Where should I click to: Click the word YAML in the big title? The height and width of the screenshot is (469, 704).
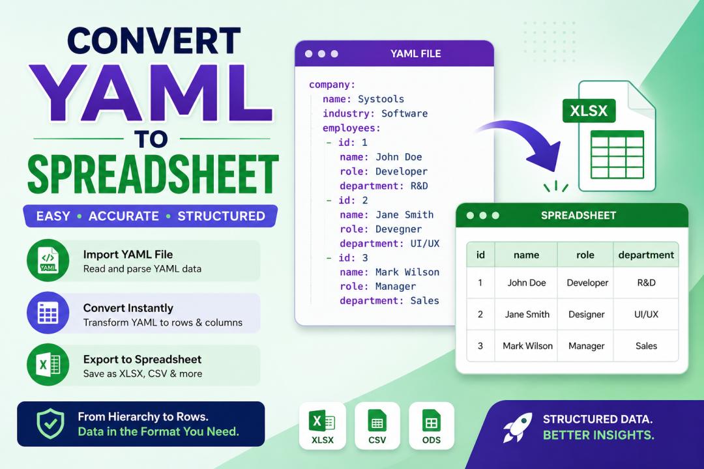pyautogui.click(x=151, y=93)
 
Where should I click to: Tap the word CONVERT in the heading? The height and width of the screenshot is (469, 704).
pyautogui.click(x=154, y=41)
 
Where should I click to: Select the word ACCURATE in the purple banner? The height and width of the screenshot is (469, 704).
pyautogui.click(x=123, y=216)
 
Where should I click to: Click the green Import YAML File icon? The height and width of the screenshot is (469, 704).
pyautogui.click(x=48, y=261)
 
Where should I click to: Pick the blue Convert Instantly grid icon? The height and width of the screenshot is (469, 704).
pyautogui.click(x=48, y=313)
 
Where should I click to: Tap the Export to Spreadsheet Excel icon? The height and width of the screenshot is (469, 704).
pyautogui.click(x=48, y=364)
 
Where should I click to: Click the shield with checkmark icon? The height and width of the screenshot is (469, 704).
pyautogui.click(x=50, y=423)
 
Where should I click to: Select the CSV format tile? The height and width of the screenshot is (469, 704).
pyautogui.click(x=377, y=425)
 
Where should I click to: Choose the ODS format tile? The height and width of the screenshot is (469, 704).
pyautogui.click(x=432, y=425)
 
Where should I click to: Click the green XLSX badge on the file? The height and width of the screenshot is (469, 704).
pyautogui.click(x=589, y=110)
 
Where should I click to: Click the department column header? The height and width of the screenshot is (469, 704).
pyautogui.click(x=646, y=255)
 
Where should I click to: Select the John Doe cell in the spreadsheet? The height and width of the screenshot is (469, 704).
pyautogui.click(x=527, y=283)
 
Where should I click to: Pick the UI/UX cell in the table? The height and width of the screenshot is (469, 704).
pyautogui.click(x=646, y=314)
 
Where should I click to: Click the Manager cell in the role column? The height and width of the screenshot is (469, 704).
pyautogui.click(x=587, y=346)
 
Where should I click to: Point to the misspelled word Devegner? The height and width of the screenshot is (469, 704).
pyautogui.click(x=399, y=229)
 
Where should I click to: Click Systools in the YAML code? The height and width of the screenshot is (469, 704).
pyautogui.click(x=381, y=99)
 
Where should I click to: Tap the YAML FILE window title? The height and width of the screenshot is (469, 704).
pyautogui.click(x=416, y=54)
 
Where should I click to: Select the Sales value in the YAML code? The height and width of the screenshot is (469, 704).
pyautogui.click(x=425, y=301)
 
